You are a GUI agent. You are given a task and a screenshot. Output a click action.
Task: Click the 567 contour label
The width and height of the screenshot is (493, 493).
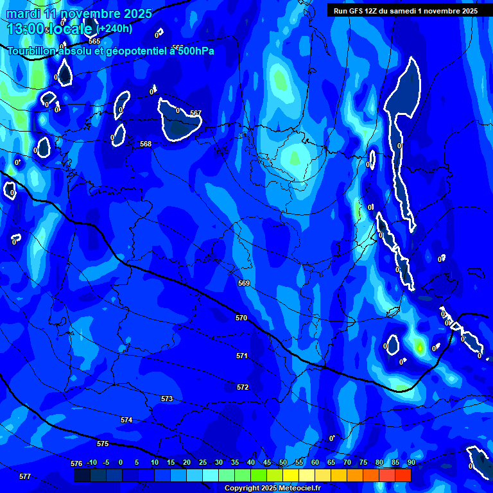click(x=196, y=113)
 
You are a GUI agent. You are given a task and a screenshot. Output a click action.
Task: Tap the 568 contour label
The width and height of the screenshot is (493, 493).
click(x=146, y=144)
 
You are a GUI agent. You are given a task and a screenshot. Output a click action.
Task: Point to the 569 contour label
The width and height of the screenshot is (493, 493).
click(x=243, y=283)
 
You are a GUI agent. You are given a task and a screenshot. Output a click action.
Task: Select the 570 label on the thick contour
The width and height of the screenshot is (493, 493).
click(x=241, y=318)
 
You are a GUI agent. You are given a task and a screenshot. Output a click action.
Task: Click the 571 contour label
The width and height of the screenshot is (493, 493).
click(x=242, y=356)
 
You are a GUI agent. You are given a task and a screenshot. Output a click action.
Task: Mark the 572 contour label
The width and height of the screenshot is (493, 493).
click(x=243, y=387)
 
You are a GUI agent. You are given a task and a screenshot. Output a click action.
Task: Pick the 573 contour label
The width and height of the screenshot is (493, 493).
click(x=167, y=399)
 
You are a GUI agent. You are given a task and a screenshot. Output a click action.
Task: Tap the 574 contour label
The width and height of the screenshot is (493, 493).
click(x=126, y=420)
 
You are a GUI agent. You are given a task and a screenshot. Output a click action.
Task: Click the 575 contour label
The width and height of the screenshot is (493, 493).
click(x=103, y=444)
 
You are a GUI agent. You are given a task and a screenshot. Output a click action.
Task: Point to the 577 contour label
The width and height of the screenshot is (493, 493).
click(x=25, y=476)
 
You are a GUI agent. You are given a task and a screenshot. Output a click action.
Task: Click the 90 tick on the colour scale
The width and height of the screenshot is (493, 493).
click(x=411, y=462)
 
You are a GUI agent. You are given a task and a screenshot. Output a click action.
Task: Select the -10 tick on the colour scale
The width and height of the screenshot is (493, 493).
click(x=92, y=462)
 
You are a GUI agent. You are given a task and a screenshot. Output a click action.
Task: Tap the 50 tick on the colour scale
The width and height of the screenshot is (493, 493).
click(x=283, y=462)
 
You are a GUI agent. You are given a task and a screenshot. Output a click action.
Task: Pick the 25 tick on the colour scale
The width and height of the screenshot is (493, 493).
click(x=203, y=462)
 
